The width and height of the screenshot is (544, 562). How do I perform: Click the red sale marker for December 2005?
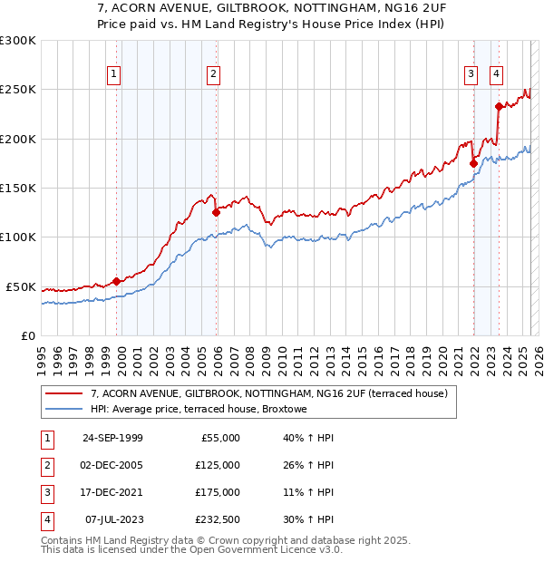216,213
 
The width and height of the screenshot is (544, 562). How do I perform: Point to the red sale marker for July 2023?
499,106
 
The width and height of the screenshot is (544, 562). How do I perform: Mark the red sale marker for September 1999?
116,281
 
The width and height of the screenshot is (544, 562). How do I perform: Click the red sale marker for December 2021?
473,163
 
